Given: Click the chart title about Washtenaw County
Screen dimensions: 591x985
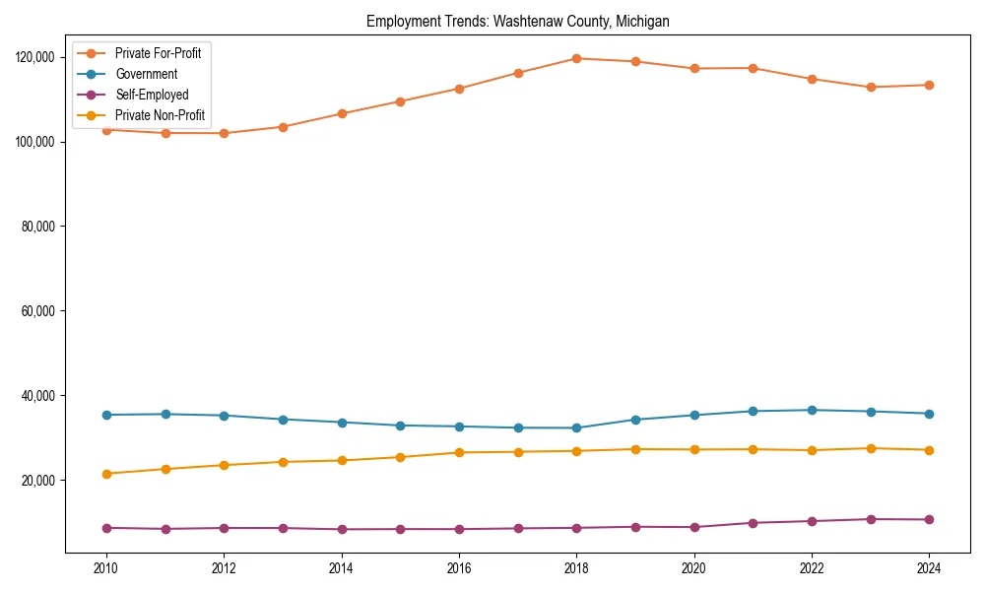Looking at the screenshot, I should point(517,21).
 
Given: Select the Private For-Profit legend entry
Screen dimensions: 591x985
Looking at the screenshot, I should point(158,53).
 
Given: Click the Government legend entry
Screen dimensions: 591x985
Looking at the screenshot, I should point(146,74).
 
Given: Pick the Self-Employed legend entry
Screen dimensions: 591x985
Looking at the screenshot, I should point(151,95).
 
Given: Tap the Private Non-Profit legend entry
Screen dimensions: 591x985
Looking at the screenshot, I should point(160,115).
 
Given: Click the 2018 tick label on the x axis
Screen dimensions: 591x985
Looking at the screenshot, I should point(576,568).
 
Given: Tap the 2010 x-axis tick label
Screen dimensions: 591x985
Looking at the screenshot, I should point(106,568).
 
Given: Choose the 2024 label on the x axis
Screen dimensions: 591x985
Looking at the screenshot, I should point(929,568).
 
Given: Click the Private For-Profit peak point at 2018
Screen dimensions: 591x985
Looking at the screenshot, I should point(576,58).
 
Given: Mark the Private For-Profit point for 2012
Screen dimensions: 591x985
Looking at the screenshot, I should point(224,133).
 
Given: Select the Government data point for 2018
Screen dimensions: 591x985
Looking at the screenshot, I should point(576,427).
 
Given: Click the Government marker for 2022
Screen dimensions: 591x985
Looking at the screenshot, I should point(812,410).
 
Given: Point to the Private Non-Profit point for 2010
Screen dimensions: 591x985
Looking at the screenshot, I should point(106,474).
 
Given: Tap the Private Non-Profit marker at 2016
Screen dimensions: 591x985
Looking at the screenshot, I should point(459,452).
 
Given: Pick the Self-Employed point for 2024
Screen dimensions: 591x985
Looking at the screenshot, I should point(929,519).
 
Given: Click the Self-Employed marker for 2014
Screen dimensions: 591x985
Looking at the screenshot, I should point(342,529).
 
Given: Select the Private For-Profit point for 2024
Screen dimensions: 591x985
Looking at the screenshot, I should point(929,85).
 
